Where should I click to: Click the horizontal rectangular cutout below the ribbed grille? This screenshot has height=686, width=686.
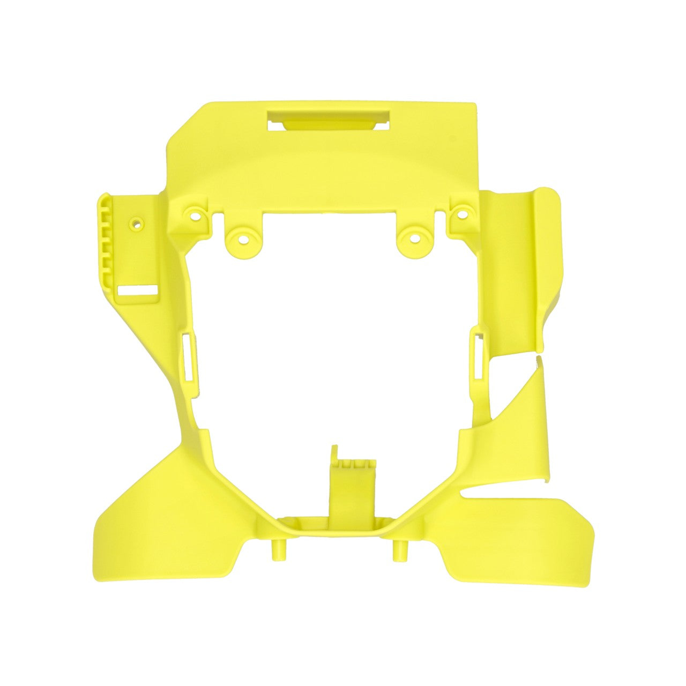point(137,292)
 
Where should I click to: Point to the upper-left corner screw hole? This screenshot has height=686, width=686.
point(194,217)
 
